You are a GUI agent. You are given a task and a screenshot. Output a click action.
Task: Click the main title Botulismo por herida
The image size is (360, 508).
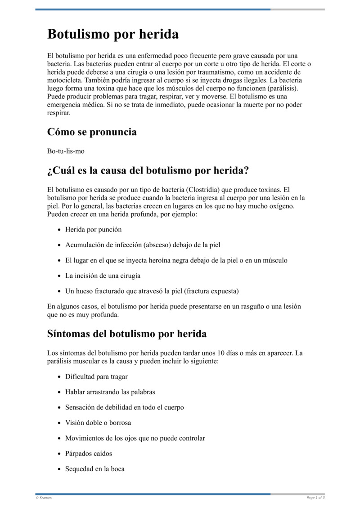113,34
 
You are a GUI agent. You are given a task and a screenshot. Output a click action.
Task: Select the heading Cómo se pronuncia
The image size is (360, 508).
92,132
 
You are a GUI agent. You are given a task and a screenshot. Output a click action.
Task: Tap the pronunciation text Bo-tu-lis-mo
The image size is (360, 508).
66,151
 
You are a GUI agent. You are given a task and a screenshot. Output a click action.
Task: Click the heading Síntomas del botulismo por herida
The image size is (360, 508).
127,334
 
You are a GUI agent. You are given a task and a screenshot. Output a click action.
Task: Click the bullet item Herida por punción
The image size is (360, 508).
93,230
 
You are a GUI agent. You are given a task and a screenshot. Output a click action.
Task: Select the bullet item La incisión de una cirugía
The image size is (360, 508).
103,276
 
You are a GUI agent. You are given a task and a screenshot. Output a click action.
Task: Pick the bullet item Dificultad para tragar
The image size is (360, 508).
96,377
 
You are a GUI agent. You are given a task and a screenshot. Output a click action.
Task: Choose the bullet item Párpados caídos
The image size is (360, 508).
89,453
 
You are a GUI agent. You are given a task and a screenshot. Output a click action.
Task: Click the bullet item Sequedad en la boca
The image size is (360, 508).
95,468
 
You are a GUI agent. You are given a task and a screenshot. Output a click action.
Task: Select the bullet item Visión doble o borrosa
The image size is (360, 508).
98,423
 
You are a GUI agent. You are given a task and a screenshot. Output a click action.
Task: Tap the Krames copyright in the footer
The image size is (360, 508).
44,498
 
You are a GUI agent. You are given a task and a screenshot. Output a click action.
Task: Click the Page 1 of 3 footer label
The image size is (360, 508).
315,498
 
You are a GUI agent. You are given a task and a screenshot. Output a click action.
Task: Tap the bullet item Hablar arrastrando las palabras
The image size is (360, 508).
110,392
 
